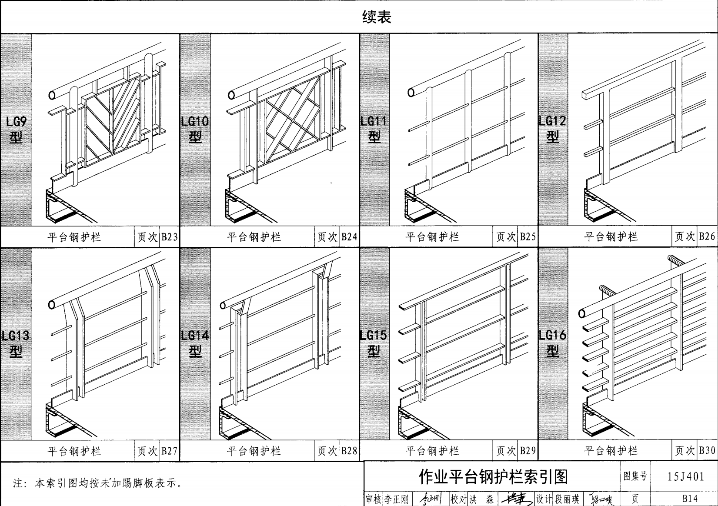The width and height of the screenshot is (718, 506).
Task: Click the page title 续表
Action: click(x=377, y=17)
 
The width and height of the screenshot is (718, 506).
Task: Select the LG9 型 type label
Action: click(x=16, y=130)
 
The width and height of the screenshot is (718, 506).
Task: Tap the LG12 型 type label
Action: click(x=553, y=129)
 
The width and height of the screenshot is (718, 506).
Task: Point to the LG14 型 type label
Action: click(x=195, y=343)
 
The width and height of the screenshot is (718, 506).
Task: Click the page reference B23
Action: click(x=169, y=237)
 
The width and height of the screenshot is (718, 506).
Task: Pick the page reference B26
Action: click(x=707, y=236)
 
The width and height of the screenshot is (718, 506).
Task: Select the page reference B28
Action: click(x=349, y=451)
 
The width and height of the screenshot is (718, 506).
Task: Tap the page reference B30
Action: click(x=707, y=451)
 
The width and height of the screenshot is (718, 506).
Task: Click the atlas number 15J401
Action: click(x=685, y=476)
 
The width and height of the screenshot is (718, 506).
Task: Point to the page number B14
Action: click(x=690, y=499)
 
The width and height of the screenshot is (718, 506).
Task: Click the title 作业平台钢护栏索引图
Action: click(x=493, y=476)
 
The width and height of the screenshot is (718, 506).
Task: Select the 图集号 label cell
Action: click(x=635, y=476)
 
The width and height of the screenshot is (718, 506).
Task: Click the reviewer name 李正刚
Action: click(x=396, y=499)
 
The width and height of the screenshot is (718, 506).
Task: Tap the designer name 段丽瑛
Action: click(x=567, y=499)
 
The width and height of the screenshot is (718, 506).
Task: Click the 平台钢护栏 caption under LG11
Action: click(x=432, y=237)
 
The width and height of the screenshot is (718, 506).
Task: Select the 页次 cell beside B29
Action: click(x=506, y=451)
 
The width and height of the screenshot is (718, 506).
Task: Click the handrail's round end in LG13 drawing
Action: click(x=52, y=304)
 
